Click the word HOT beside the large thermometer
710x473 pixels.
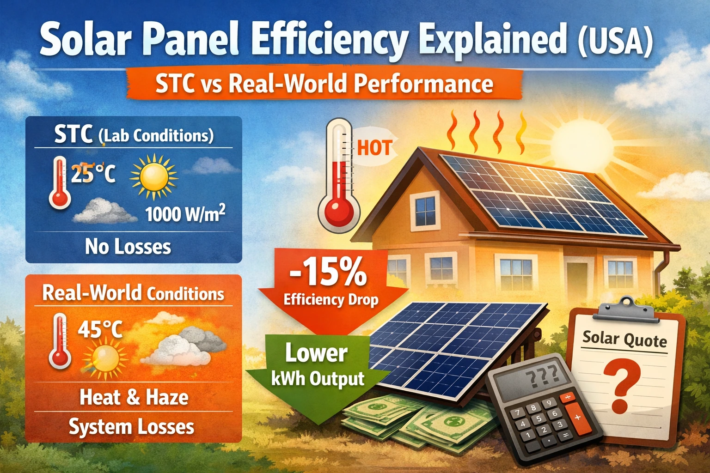pyautogui.click(x=374, y=148)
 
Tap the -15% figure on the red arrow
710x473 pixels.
pyautogui.click(x=328, y=273)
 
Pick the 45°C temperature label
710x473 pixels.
pyautogui.click(x=100, y=329)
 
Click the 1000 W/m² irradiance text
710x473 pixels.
pyautogui.click(x=185, y=214)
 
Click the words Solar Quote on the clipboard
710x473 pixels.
pyautogui.click(x=624, y=339)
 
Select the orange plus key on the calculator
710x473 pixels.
pyautogui.click(x=576, y=417)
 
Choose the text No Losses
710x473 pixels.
pyautogui.click(x=128, y=247)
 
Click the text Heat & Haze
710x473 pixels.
pyautogui.click(x=134, y=397)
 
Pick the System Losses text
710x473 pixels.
pyautogui.click(x=131, y=427)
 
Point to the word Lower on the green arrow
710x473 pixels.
pyautogui.click(x=316, y=354)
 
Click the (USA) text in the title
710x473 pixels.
pyautogui.click(x=615, y=41)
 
